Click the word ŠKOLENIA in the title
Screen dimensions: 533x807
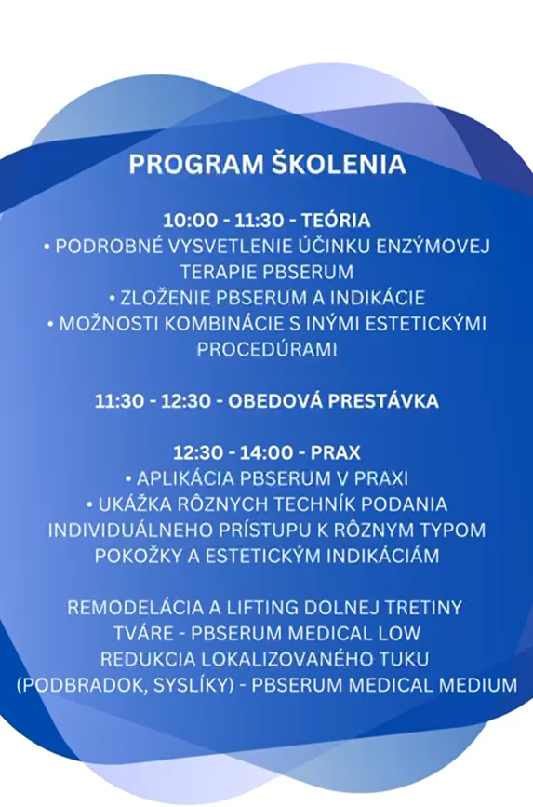(x=338, y=163)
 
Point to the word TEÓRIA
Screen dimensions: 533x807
(x=336, y=220)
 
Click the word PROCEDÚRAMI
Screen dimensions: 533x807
(x=267, y=348)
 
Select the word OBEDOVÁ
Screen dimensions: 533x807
(x=274, y=400)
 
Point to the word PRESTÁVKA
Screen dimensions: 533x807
(x=383, y=400)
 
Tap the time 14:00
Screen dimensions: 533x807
(x=266, y=453)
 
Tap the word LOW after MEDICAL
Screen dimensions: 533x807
(x=397, y=633)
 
